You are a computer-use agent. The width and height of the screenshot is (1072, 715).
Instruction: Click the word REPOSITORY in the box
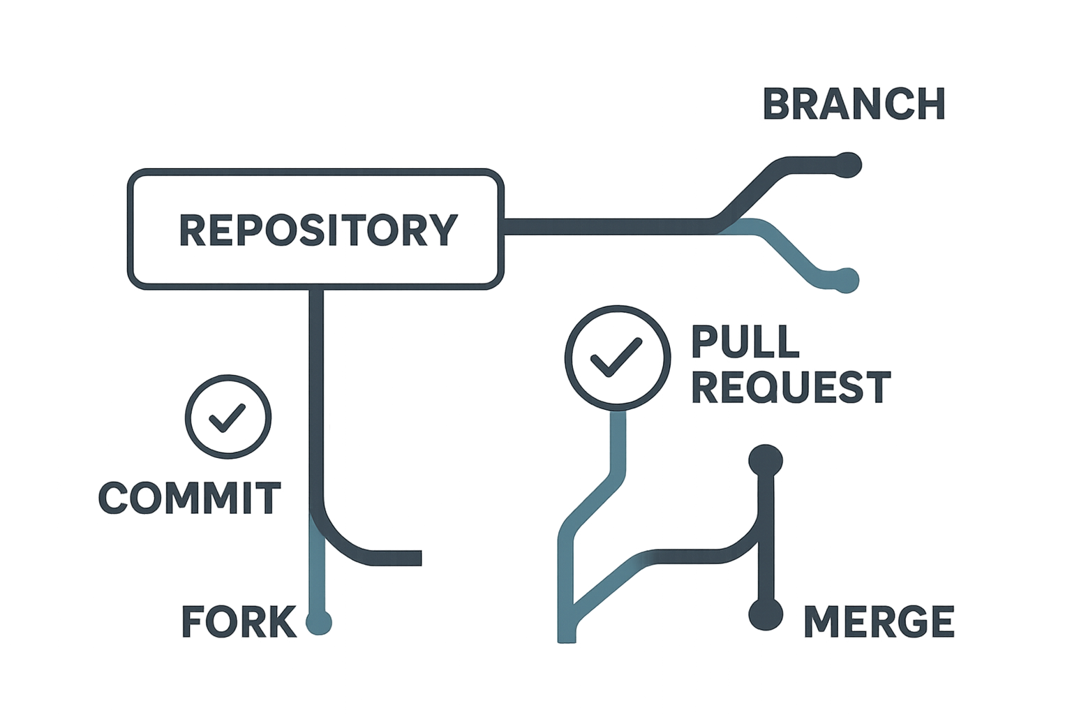click(318, 230)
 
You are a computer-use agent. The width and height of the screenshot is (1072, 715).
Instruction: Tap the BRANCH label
click(854, 104)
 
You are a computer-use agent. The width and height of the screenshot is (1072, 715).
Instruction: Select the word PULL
click(744, 341)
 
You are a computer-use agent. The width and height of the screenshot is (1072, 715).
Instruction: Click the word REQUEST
click(791, 386)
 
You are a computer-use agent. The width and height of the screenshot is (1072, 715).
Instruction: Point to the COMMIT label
click(189, 497)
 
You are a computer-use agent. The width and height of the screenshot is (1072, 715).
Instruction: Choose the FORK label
click(239, 621)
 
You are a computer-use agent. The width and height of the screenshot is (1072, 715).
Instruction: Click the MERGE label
click(879, 621)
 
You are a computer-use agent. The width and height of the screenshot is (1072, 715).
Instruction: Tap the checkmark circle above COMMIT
click(228, 417)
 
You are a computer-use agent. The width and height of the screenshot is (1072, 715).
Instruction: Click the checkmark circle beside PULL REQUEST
click(617, 357)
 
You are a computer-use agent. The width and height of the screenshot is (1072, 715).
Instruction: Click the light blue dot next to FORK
click(319, 621)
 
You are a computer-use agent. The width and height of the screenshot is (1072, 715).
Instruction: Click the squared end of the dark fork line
click(417, 557)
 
